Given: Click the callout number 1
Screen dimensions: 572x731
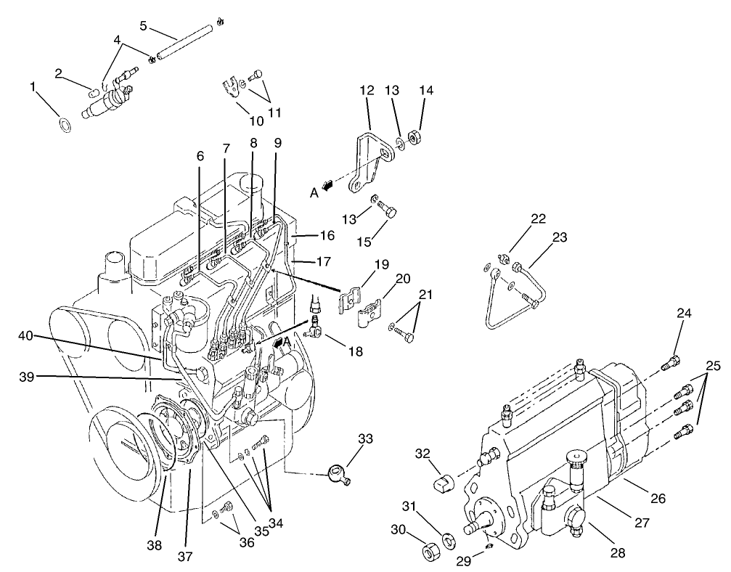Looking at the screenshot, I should (x=33, y=87).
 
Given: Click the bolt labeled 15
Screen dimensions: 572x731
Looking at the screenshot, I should (x=391, y=211).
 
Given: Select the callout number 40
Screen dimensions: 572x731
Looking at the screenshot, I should (x=26, y=336).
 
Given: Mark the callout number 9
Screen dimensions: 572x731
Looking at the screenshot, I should (x=276, y=144).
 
